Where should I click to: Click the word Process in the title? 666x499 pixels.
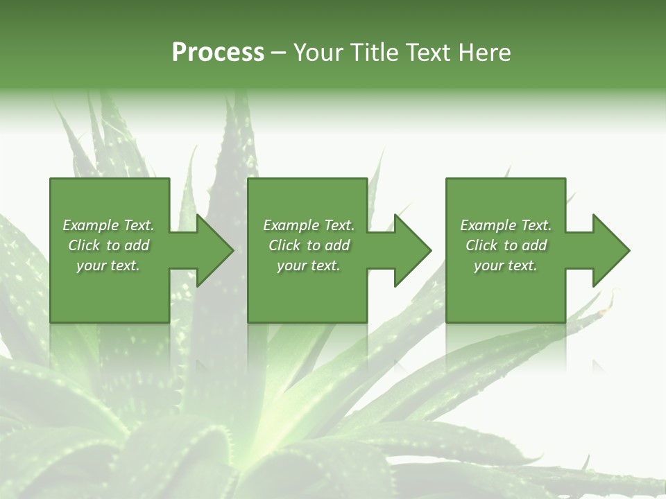(x=218, y=53)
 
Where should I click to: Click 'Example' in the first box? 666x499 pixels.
(x=91, y=225)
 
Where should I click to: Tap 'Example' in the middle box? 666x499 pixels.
(x=291, y=225)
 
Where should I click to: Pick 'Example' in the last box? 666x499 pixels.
(x=488, y=225)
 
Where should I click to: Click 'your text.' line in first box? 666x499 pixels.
(x=108, y=265)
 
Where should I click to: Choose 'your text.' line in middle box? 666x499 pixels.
(x=308, y=265)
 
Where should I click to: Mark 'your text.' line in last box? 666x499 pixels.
(x=506, y=265)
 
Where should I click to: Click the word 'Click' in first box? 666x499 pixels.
(x=84, y=245)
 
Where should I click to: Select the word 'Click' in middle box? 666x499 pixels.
(x=284, y=245)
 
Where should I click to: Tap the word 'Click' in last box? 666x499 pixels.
(x=481, y=245)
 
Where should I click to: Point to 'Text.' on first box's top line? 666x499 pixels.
(x=139, y=225)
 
